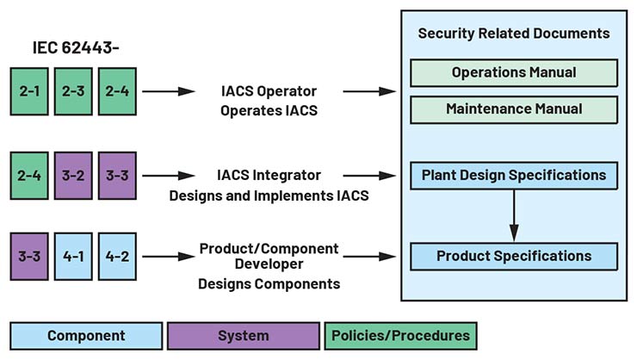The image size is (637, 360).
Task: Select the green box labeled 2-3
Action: (72, 89)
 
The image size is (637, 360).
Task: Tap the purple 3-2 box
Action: (72, 175)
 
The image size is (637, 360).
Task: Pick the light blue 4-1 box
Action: (72, 256)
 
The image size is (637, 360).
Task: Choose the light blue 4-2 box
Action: (116, 256)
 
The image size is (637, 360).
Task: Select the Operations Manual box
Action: (514, 72)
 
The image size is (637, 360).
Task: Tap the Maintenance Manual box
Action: (514, 109)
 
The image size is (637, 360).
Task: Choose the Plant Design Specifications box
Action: (514, 176)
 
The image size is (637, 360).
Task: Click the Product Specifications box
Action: (514, 256)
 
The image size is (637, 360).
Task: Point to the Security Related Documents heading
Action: (514, 34)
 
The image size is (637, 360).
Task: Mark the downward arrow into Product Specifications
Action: (514, 215)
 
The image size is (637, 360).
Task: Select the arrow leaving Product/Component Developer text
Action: (374, 257)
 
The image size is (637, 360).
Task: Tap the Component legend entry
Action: (86, 336)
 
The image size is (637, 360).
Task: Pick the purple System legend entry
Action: (243, 336)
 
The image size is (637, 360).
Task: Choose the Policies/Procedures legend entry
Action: (401, 336)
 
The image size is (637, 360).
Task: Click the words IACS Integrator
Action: (269, 176)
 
